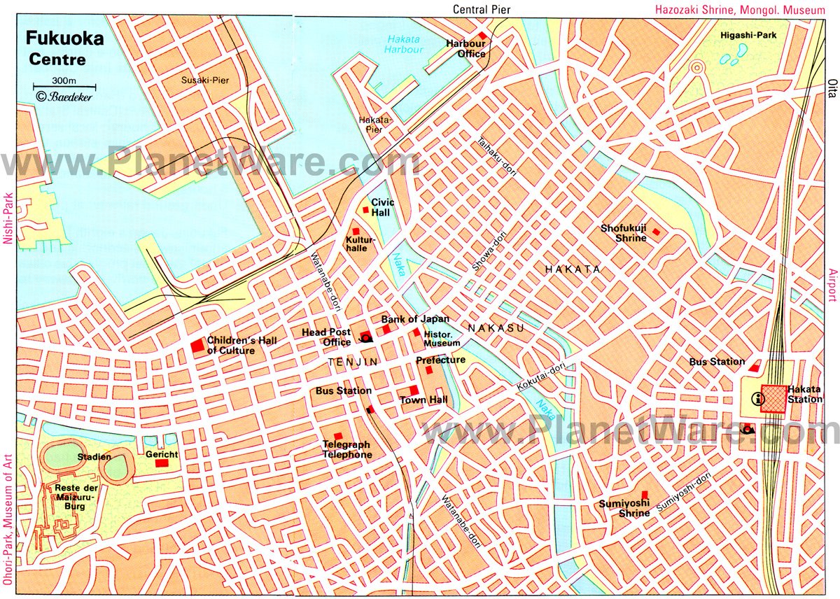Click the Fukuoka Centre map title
[64, 48]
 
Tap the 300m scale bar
[64, 86]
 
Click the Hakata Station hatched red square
[773, 398]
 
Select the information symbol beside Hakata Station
[756, 399]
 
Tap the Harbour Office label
[466, 48]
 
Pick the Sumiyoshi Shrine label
[623, 508]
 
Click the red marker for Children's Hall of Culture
[198, 346]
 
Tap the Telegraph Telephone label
[346, 449]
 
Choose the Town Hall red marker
[414, 390]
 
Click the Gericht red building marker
[162, 463]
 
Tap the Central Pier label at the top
[482, 9]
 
